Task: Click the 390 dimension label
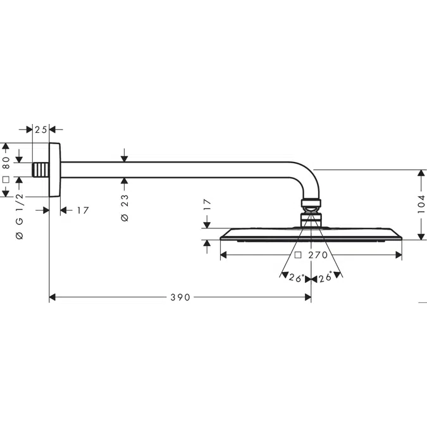point(180,297)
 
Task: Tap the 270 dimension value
point(318,255)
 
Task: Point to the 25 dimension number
point(41,130)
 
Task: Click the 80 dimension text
point(6,163)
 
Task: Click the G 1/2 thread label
point(20,209)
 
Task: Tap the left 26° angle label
point(296,278)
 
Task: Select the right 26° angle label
point(325,278)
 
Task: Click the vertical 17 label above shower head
point(207,204)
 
